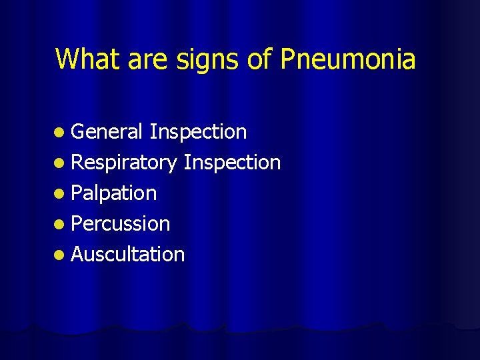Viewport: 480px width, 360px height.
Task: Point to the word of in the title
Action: pos(259,59)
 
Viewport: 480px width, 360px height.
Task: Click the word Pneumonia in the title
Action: pos(348,59)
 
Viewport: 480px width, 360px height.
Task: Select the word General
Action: pos(106,132)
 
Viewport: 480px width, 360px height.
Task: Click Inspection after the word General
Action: pos(198,133)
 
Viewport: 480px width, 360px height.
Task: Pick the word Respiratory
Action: pos(124,163)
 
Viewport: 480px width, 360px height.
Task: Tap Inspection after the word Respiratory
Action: pos(232,163)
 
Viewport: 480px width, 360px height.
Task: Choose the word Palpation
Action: pos(114,193)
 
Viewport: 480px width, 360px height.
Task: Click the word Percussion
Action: pos(121,224)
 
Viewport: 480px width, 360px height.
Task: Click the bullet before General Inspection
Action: pos(61,133)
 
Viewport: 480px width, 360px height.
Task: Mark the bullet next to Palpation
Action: pos(61,194)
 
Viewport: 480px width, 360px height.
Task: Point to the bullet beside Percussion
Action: pos(61,225)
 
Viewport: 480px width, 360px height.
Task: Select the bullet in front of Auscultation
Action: pos(61,255)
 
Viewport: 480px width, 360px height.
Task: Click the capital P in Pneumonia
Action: pos(287,59)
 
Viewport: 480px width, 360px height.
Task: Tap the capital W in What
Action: pos(67,59)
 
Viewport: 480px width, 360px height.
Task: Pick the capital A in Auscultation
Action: pos(77,254)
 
